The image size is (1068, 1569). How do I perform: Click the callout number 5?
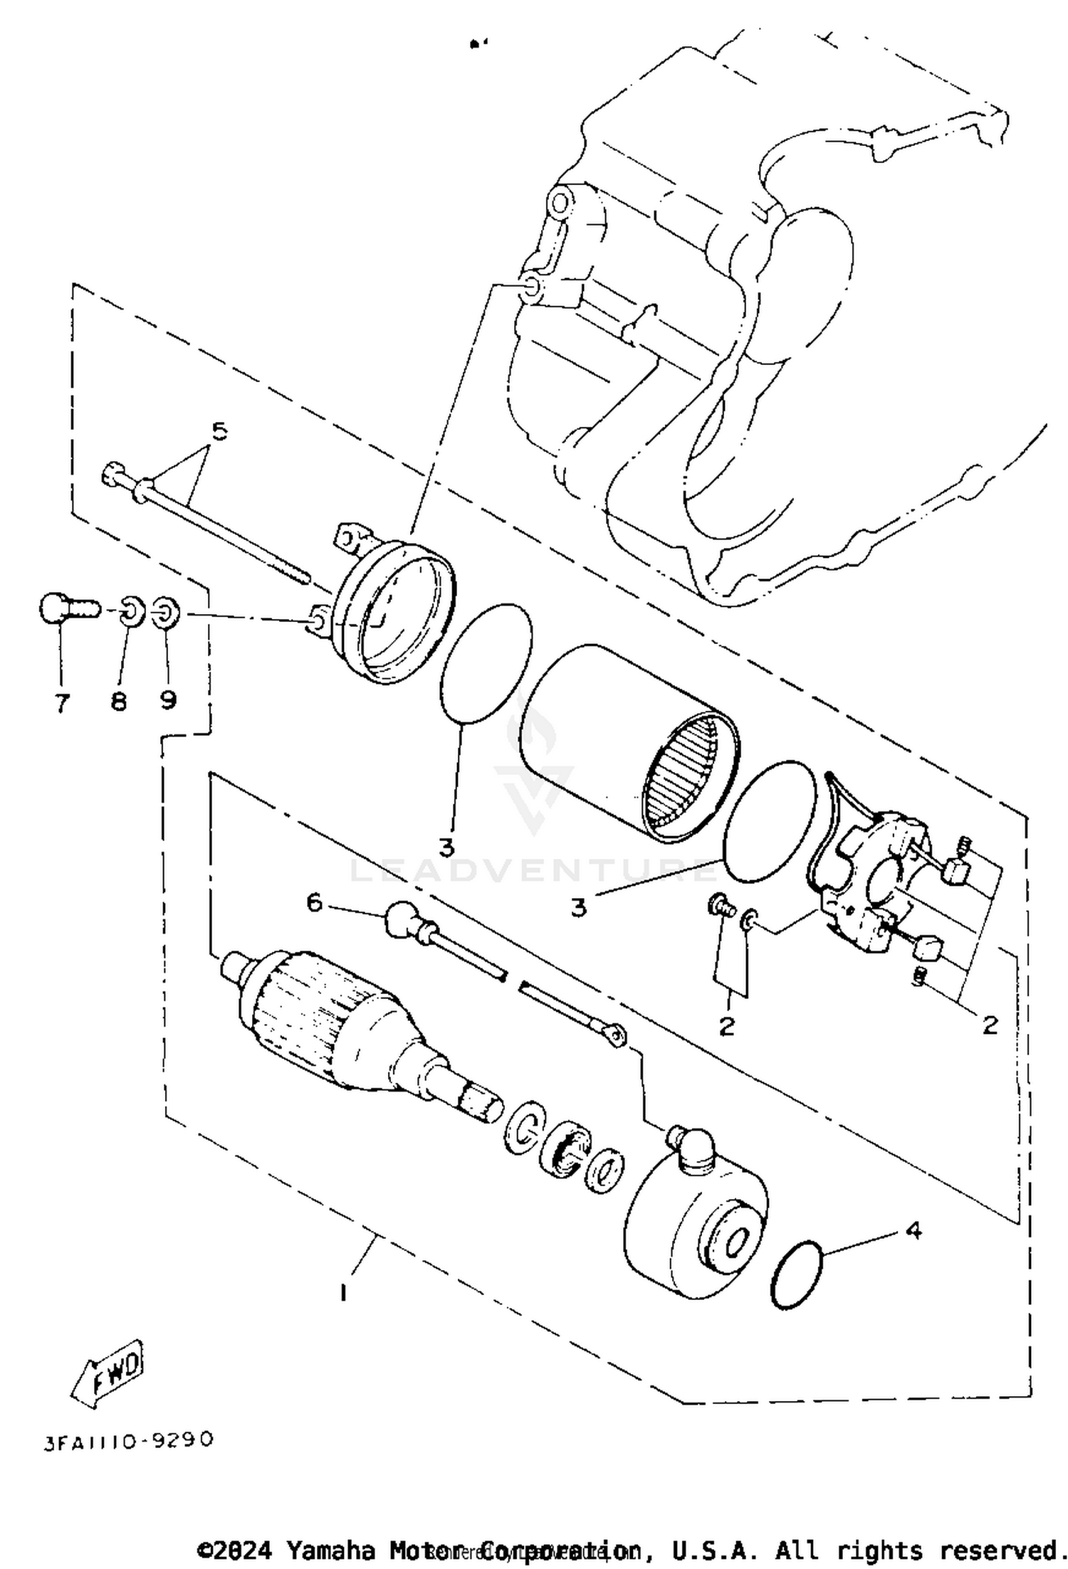[219, 431]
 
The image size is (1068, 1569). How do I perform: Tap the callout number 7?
[62, 703]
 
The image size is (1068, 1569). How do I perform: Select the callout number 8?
[118, 702]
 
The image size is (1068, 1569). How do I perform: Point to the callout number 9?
[168, 701]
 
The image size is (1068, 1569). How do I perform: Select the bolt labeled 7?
[64, 609]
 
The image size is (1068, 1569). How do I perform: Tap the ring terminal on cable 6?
[614, 1034]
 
